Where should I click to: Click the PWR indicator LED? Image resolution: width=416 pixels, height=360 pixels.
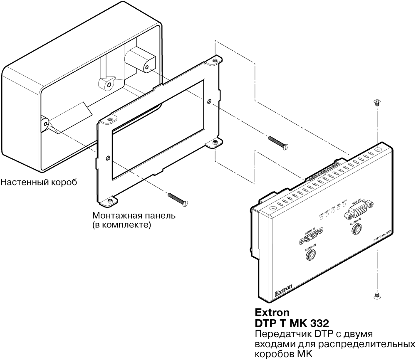click(322, 218)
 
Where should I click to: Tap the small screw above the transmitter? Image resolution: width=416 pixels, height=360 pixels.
click(377, 102)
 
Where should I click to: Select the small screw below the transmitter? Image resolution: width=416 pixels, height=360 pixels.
click(377, 296)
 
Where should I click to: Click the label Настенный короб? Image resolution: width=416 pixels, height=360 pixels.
click(39, 182)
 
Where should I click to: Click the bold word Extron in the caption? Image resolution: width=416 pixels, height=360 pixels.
click(270, 312)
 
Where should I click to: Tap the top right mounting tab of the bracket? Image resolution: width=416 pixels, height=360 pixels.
click(214, 62)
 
